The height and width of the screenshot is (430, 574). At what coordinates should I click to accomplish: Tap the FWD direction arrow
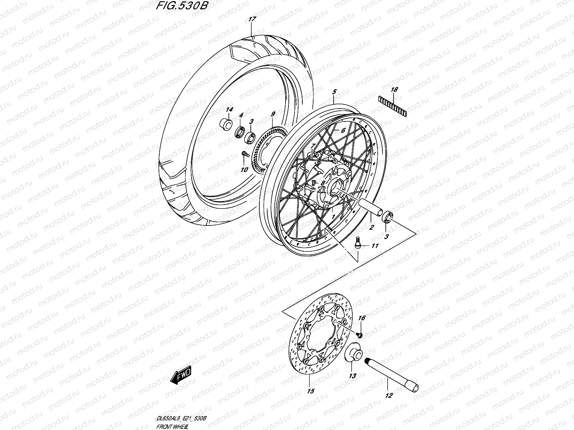(x=182, y=376)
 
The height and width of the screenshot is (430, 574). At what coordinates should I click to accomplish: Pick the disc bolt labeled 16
(x=360, y=335)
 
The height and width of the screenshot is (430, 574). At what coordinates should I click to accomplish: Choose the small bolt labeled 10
(x=243, y=154)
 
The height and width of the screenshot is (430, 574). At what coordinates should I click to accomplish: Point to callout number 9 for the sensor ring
(x=273, y=114)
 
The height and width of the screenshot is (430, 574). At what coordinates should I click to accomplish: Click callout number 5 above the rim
(x=334, y=92)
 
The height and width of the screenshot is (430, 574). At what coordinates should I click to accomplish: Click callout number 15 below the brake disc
(x=311, y=391)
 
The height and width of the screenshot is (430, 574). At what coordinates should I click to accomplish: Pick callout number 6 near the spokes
(x=343, y=130)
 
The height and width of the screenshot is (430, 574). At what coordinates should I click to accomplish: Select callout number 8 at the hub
(x=323, y=183)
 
